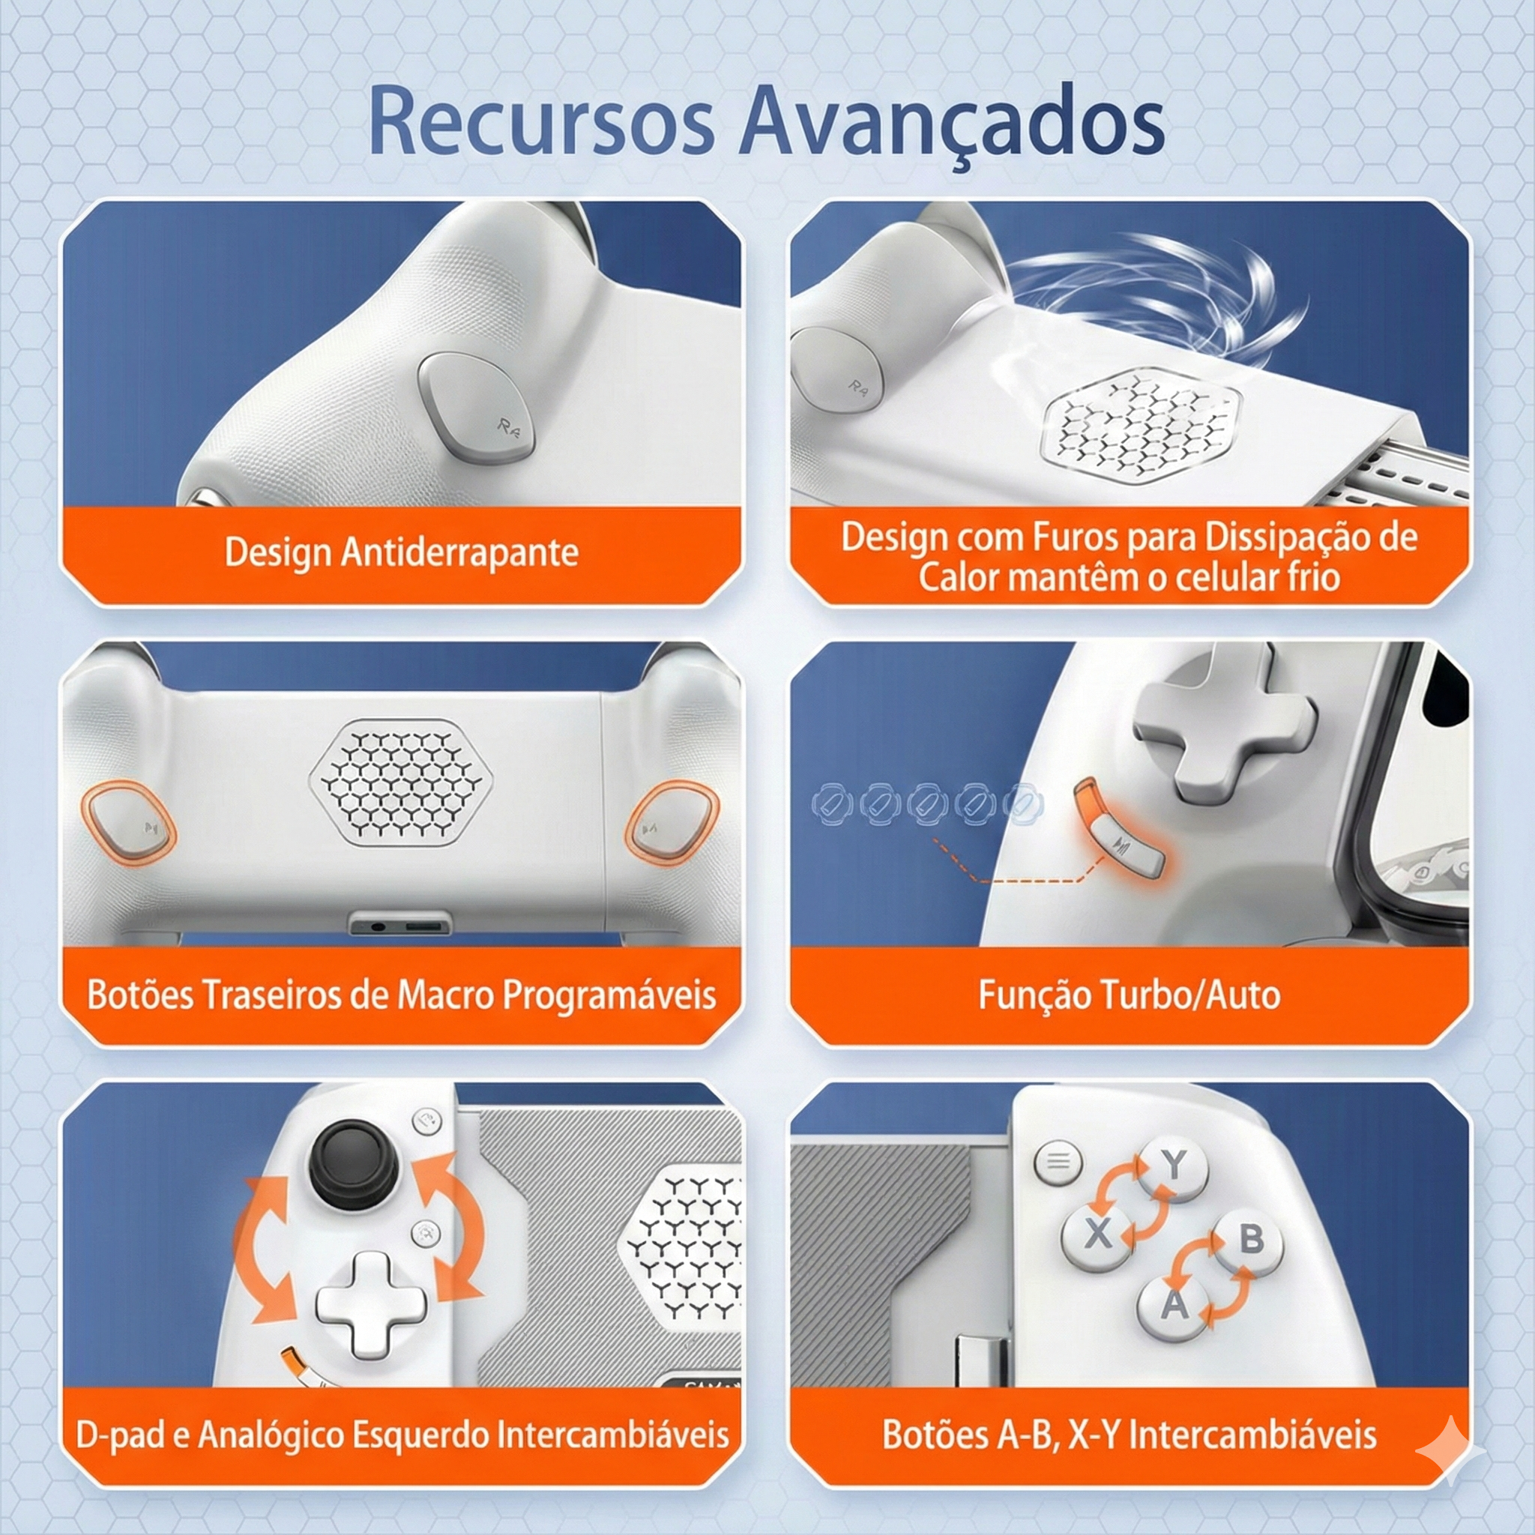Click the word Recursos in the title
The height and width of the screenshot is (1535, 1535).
[x=541, y=121]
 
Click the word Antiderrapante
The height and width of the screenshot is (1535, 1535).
[x=459, y=553]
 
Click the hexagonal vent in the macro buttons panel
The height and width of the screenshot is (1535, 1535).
[x=400, y=782]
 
